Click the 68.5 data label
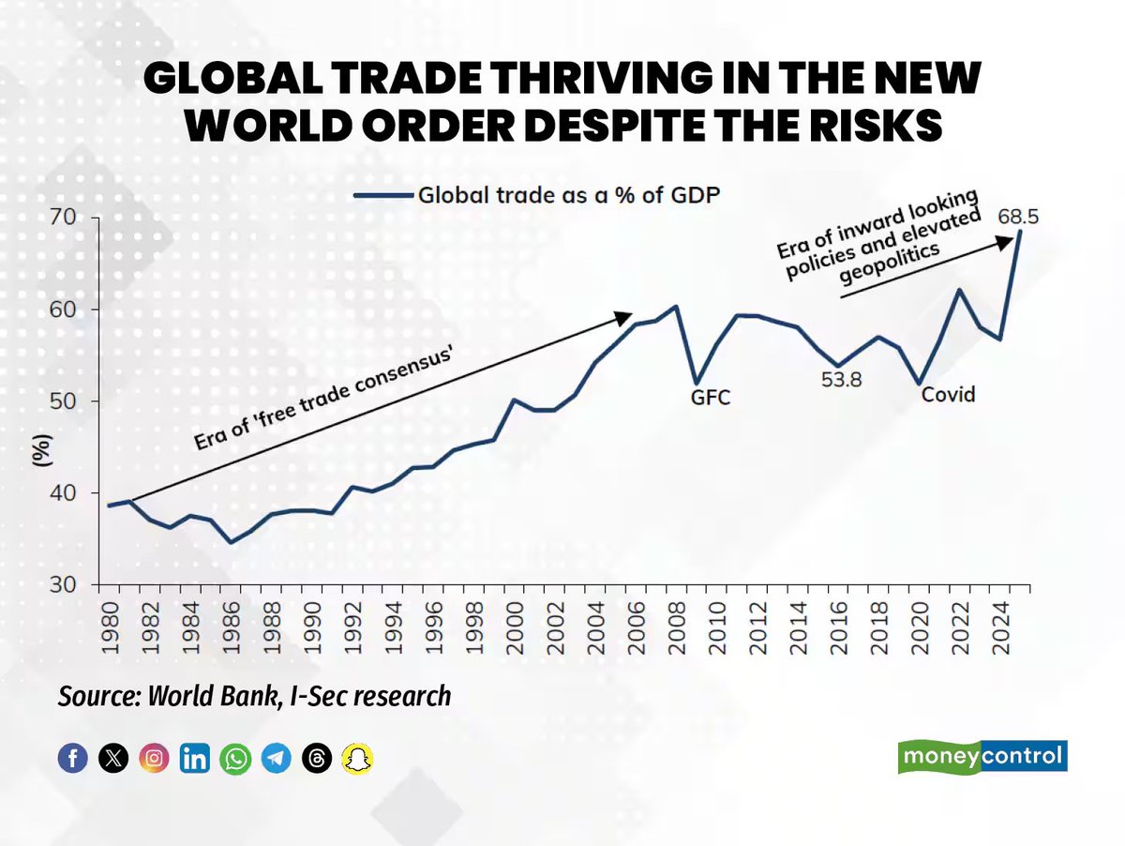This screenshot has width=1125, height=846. pyautogui.click(x=1017, y=217)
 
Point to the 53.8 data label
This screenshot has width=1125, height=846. pyautogui.click(x=841, y=380)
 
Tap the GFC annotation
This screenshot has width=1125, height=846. pyautogui.click(x=710, y=398)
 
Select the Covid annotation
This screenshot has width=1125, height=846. pyautogui.click(x=948, y=394)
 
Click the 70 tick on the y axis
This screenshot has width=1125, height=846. pyautogui.click(x=63, y=218)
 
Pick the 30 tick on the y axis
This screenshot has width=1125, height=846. pyautogui.click(x=63, y=584)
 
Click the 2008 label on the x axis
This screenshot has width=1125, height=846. pyautogui.click(x=677, y=628)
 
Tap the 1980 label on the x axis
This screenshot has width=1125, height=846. pyautogui.click(x=110, y=628)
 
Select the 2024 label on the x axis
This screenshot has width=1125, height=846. pyautogui.click(x=1000, y=628)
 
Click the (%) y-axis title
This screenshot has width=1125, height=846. pyautogui.click(x=42, y=450)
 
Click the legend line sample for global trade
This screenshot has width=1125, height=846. pyautogui.click(x=383, y=195)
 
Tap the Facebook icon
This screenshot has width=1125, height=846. pyautogui.click(x=73, y=758)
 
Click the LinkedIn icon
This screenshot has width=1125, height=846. pyautogui.click(x=195, y=758)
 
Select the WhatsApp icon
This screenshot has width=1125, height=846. pyautogui.click(x=235, y=759)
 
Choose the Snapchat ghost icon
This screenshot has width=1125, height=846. pyautogui.click(x=357, y=759)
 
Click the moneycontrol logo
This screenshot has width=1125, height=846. pyautogui.click(x=982, y=756)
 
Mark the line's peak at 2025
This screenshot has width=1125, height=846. pyautogui.click(x=1019, y=232)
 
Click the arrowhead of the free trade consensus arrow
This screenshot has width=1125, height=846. pyautogui.click(x=624, y=317)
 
